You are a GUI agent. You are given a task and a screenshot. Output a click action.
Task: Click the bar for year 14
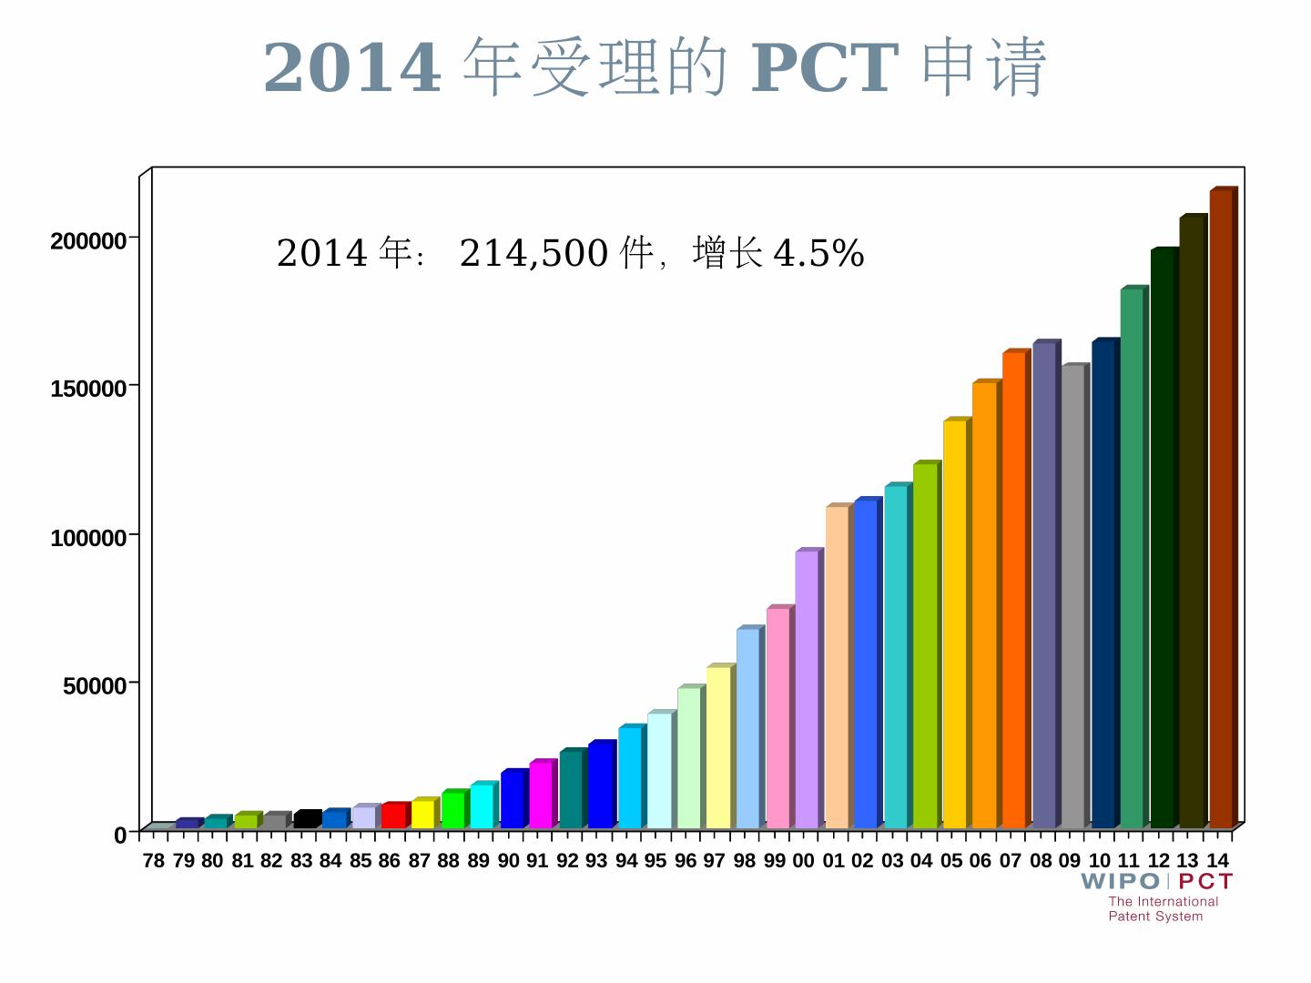pyautogui.click(x=1221, y=510)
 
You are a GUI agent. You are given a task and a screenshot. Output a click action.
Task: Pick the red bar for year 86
pyautogui.click(x=392, y=816)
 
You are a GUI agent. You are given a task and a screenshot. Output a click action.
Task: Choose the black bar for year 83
pyautogui.click(x=305, y=819)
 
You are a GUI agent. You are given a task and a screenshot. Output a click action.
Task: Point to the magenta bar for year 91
pyautogui.click(x=541, y=795)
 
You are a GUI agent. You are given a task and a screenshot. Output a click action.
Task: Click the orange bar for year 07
pyautogui.click(x=1013, y=591)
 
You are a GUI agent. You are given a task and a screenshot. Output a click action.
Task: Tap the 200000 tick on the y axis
pyautogui.click(x=87, y=241)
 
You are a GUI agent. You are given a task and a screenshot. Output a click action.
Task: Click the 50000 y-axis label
pyautogui.click(x=94, y=685)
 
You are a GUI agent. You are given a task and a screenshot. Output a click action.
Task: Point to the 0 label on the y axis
pyautogui.click(x=120, y=835)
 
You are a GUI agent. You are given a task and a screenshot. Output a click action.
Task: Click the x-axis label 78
pyautogui.click(x=154, y=861)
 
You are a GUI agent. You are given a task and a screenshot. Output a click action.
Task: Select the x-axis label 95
pyautogui.click(x=655, y=861)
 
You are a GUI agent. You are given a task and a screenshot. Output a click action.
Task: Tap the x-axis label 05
pyautogui.click(x=951, y=861)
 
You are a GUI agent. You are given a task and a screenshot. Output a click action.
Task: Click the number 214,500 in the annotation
pyautogui.click(x=534, y=253)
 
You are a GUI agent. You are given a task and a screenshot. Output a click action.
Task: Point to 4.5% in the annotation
pyautogui.click(x=818, y=253)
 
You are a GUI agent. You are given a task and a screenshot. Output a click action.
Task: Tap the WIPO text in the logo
pyautogui.click(x=1120, y=881)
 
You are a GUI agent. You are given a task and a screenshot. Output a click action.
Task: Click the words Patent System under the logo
pyautogui.click(x=1155, y=917)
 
